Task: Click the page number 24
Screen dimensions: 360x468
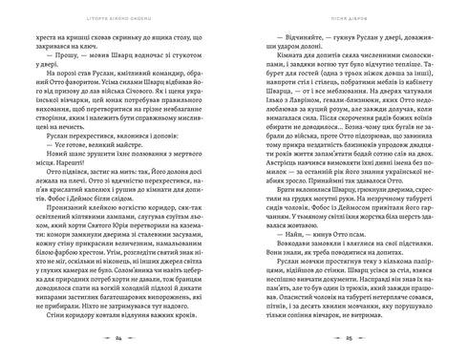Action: tap(117, 339)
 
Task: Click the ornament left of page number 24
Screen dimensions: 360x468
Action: tap(100, 339)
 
